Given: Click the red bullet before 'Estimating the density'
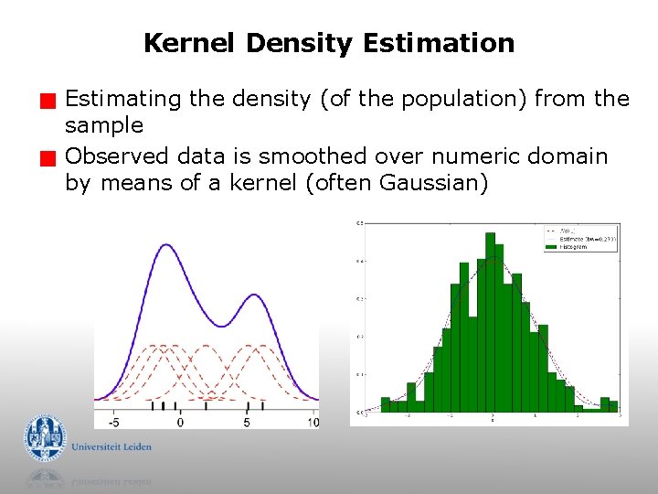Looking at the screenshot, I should tap(55, 100).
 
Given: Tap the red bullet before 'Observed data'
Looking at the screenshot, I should tap(55, 159).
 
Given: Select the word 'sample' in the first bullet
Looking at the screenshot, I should tap(104, 125).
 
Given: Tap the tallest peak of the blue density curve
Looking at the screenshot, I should tap(165, 244).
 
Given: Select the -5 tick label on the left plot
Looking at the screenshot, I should tap(113, 422).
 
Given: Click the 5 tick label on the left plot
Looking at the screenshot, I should tap(247, 422).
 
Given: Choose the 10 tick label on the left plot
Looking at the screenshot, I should tap(313, 422).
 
